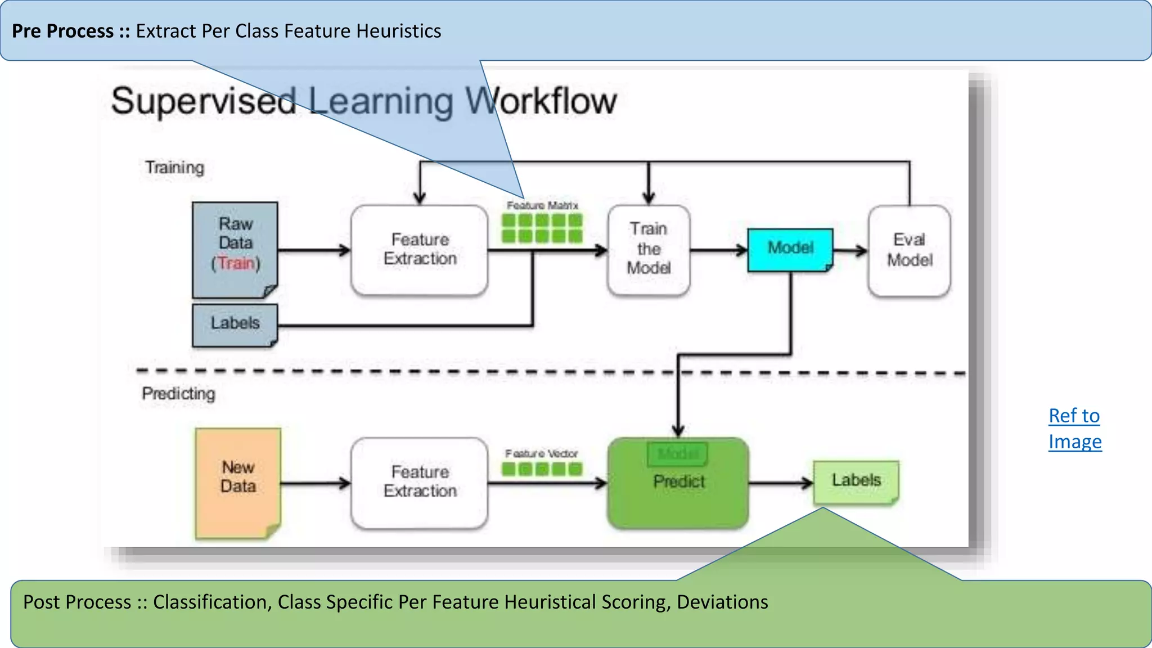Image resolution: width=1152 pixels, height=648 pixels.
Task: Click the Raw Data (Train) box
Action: tap(235, 249)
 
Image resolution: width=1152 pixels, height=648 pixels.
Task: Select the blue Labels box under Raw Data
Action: tap(235, 324)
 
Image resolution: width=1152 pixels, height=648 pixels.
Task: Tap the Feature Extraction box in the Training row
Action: tap(420, 249)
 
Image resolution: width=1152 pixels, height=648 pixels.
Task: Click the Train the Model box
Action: tap(649, 249)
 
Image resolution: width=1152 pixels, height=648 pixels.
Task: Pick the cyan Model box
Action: tap(790, 249)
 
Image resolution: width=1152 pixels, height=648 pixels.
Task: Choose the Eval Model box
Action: tap(910, 250)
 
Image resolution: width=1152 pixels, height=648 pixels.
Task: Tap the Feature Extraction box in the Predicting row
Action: tap(420, 482)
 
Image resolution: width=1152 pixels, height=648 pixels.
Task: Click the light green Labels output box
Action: tap(856, 481)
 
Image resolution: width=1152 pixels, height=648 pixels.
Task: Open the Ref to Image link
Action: tap(1074, 429)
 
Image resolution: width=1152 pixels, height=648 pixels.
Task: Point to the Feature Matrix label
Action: tap(542, 206)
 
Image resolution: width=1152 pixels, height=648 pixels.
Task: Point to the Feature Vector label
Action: tap(541, 453)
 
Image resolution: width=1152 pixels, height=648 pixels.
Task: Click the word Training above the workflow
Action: tap(175, 168)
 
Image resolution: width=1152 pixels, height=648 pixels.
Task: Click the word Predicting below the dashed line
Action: tap(178, 394)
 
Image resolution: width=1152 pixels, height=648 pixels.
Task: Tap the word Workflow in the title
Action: tap(541, 101)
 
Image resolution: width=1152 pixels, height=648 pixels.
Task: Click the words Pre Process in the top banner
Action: tap(62, 31)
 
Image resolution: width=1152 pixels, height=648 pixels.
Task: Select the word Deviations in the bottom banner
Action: tap(722, 602)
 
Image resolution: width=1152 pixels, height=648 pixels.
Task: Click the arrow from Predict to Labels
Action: tap(781, 483)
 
